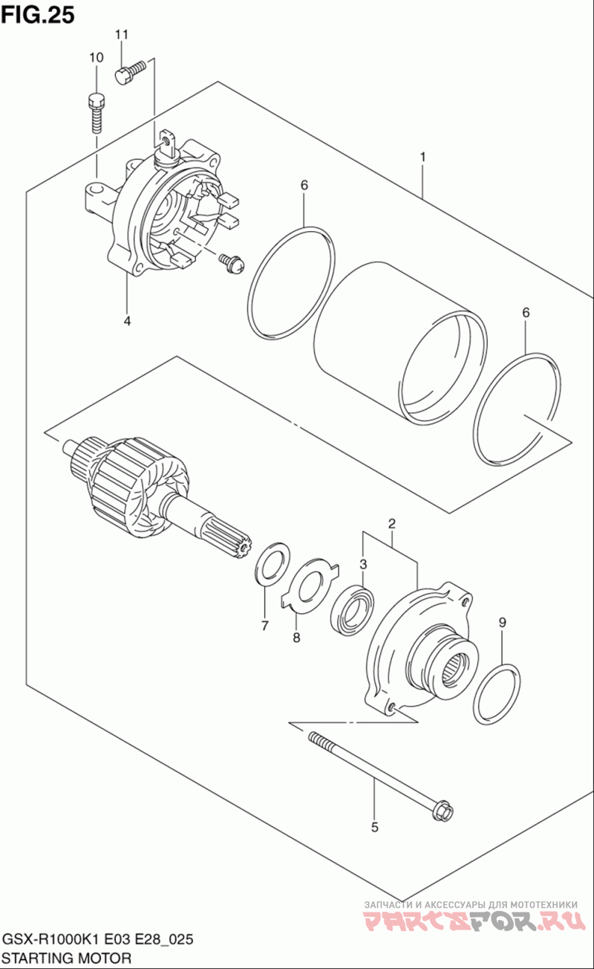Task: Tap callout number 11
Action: coord(122,35)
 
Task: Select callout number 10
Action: coord(97,57)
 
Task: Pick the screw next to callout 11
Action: coord(131,72)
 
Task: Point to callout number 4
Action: coord(127,321)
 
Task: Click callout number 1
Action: coord(422,157)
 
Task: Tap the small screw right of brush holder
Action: coord(232,263)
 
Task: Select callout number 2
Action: coord(392,524)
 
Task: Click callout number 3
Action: coord(364,564)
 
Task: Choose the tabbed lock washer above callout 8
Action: coord(310,586)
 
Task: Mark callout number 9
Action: coord(502,623)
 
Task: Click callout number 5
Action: coord(374,827)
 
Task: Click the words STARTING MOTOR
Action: coord(67,959)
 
